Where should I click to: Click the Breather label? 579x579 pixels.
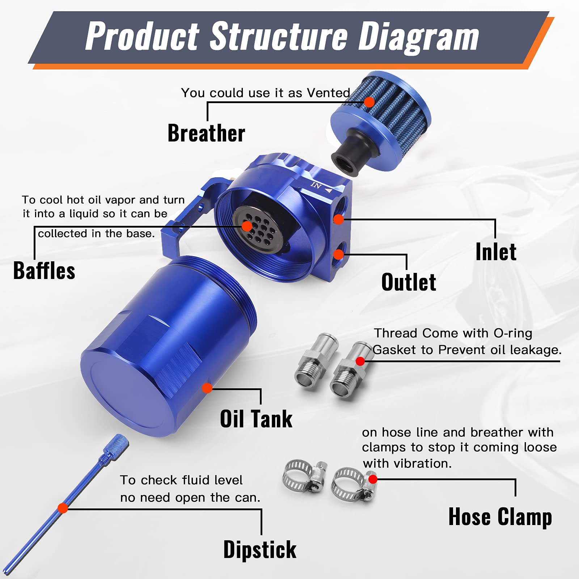(x=206, y=133)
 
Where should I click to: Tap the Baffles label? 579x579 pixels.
(x=44, y=271)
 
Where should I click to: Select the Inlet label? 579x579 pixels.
(x=496, y=252)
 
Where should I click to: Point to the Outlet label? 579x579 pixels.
(x=409, y=282)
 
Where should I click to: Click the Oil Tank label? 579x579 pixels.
(x=256, y=419)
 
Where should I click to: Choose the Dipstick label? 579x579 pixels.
(x=260, y=550)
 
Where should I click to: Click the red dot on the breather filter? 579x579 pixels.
(x=369, y=102)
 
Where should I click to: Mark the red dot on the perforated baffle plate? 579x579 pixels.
(x=247, y=227)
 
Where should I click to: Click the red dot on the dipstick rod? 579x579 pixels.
(x=63, y=508)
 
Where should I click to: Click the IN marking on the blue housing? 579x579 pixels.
(x=316, y=186)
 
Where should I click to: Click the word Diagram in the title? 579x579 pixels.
(x=418, y=37)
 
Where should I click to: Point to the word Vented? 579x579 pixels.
(x=328, y=93)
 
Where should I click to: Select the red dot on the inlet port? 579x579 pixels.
(x=338, y=219)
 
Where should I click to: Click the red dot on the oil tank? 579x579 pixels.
(x=207, y=388)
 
